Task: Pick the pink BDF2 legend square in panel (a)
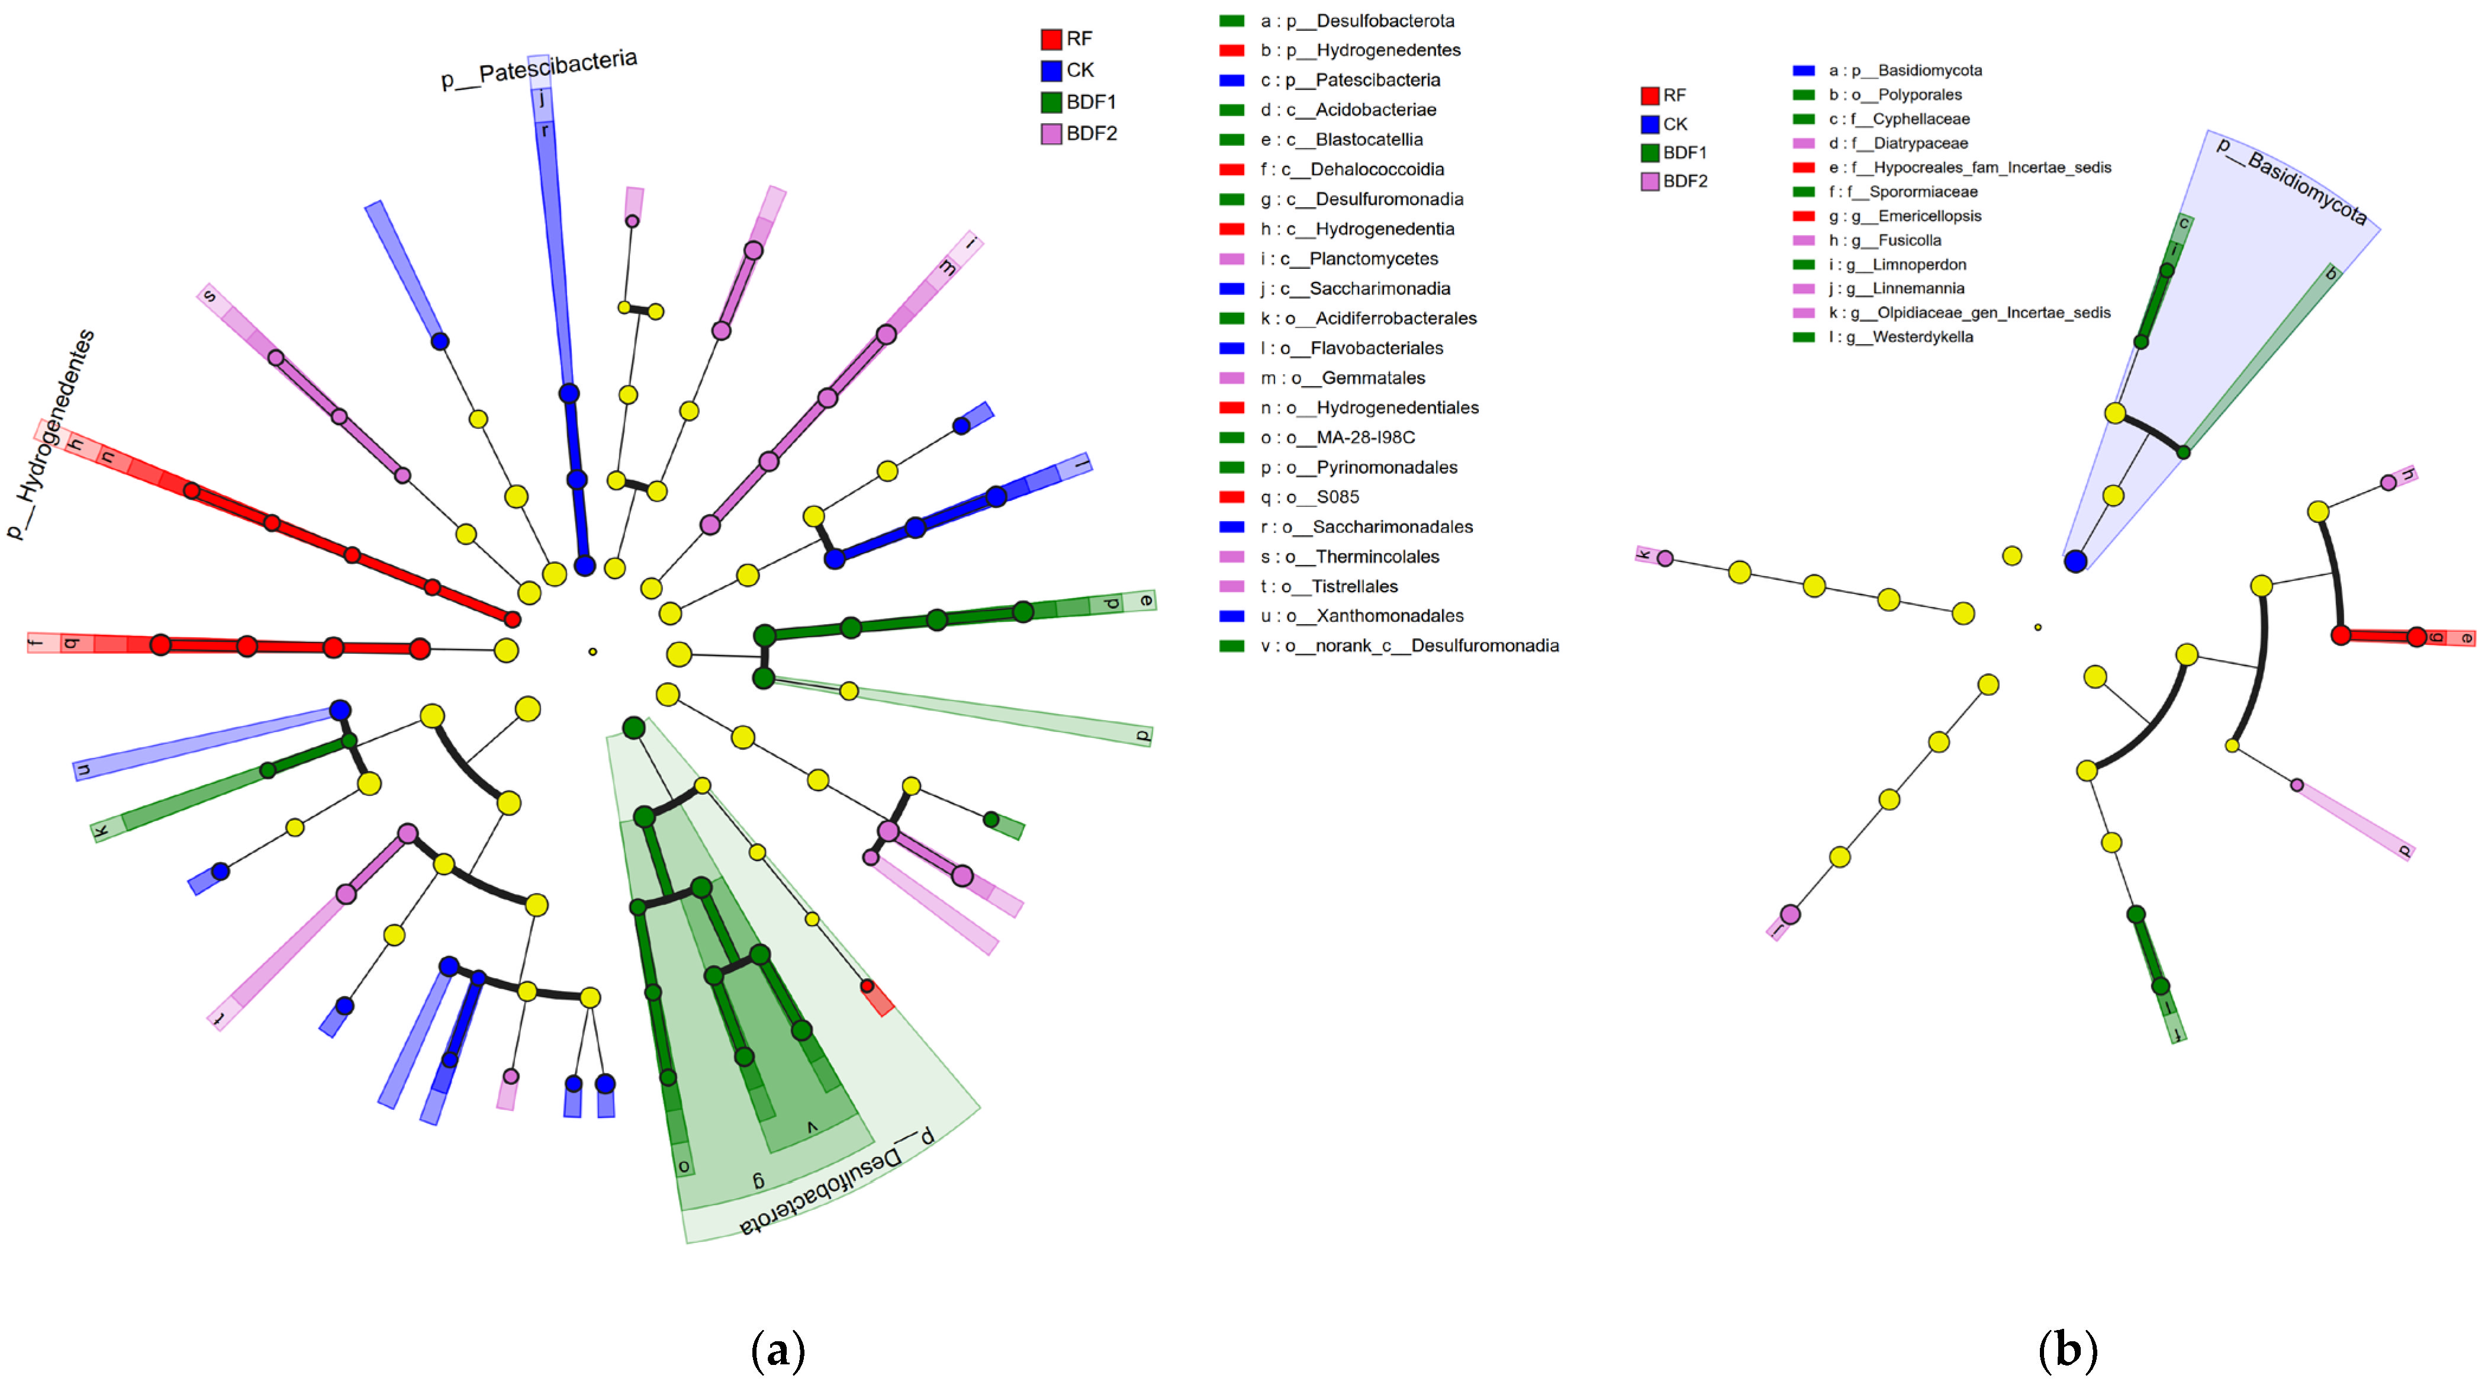click(x=1051, y=133)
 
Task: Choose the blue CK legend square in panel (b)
click(x=1650, y=124)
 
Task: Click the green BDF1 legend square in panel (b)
click(x=1650, y=153)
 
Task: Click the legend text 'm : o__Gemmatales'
click(x=1343, y=378)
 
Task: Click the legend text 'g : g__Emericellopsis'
click(x=1905, y=216)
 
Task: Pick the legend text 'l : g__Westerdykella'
click(x=1901, y=337)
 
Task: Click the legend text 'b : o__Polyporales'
click(x=1895, y=95)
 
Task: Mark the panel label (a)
click(x=777, y=1350)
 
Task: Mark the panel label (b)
click(x=2067, y=1350)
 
